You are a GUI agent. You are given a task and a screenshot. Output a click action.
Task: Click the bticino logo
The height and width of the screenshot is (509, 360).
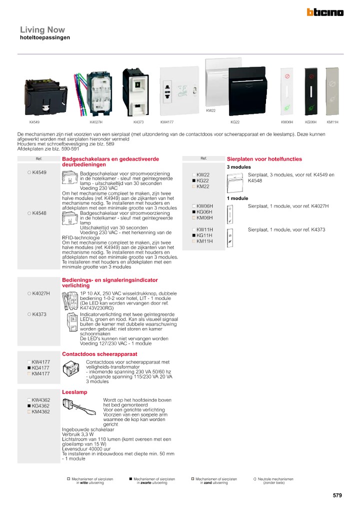(325, 12)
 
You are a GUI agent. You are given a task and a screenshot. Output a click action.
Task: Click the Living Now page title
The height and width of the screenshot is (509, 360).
(42, 30)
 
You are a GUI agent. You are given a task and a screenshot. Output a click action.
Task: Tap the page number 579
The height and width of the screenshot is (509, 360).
(337, 495)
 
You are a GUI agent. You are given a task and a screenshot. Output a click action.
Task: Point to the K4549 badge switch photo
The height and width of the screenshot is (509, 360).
(46, 95)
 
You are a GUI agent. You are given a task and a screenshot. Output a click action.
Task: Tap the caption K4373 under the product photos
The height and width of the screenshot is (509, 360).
(138, 122)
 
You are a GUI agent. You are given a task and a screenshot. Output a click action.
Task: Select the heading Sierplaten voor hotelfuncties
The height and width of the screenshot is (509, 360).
(264, 159)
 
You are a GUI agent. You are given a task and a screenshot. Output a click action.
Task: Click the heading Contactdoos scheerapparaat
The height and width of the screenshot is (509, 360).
(92, 354)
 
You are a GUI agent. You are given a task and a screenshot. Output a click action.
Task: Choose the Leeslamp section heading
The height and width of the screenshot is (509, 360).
(74, 392)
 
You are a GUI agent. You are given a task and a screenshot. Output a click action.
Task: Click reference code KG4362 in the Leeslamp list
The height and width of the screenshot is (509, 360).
(40, 406)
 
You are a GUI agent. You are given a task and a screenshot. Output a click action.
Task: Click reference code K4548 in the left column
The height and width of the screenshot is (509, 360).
(39, 213)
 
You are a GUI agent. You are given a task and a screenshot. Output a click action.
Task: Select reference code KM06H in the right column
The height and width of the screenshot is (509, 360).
(204, 218)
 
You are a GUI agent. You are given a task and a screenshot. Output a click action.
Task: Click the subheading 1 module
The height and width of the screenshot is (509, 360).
(237, 198)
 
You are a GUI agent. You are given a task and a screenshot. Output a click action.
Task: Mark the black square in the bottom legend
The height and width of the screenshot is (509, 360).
(130, 478)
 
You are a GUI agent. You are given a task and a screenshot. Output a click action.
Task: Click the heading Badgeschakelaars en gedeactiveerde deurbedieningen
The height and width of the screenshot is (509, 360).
(110, 161)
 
